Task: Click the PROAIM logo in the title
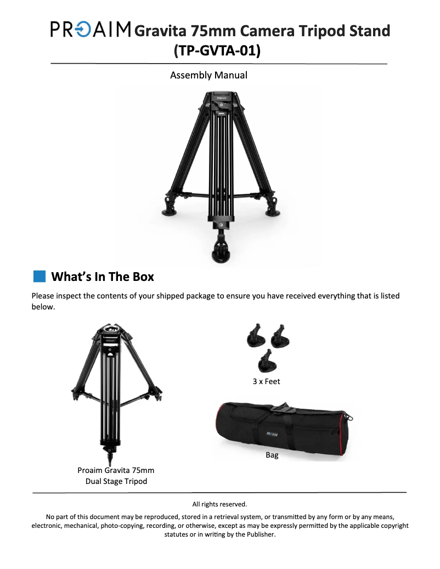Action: click(91, 29)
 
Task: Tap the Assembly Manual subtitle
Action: click(208, 75)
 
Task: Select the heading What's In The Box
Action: click(103, 276)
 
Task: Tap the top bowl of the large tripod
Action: click(222, 99)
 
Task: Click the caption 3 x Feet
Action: click(267, 381)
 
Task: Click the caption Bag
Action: click(272, 455)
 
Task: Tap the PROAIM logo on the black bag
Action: click(273, 433)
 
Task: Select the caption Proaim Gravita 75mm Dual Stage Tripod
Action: click(116, 476)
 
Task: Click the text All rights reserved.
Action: click(219, 504)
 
